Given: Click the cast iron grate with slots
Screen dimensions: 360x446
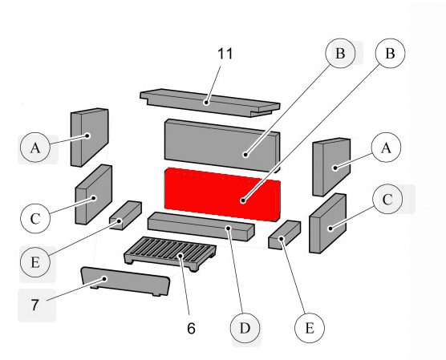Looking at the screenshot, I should [x=171, y=257].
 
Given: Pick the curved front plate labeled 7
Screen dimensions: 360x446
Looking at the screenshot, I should [x=124, y=282].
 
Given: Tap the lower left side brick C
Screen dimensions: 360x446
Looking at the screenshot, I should [x=93, y=195].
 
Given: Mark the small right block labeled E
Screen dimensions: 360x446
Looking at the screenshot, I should [x=285, y=233].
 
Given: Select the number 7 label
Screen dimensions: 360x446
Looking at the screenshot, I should [x=34, y=305].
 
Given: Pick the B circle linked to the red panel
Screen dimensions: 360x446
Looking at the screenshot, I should [x=390, y=55].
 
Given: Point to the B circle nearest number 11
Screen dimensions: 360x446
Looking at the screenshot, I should [x=340, y=54].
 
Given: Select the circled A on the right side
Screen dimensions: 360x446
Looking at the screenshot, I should [x=386, y=148].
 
